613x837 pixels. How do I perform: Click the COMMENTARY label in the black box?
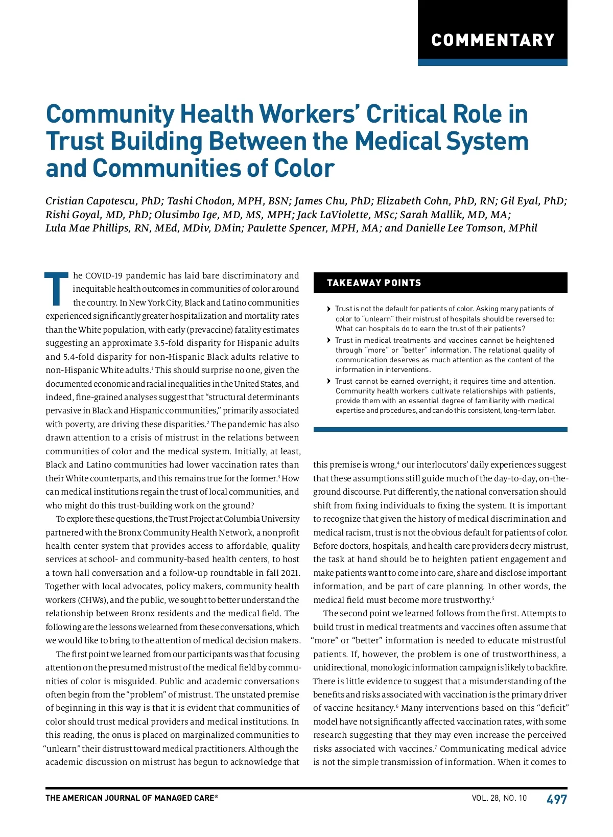492,40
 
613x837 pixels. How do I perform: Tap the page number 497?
556,799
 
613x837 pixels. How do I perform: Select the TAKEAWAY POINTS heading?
374,283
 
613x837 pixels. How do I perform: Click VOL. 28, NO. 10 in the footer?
499,798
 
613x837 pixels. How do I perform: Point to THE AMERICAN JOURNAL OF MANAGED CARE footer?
131,798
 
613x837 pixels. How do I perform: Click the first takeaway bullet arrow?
328,309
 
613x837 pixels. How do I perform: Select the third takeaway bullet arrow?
328,381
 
